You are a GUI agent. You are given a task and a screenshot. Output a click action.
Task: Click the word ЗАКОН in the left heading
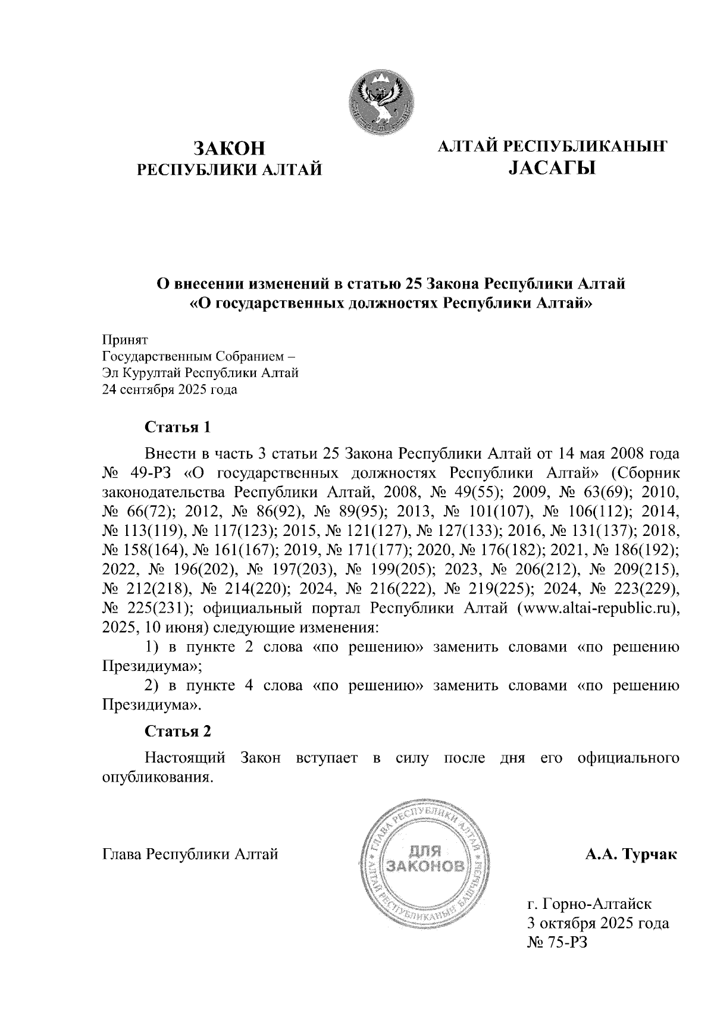(229, 148)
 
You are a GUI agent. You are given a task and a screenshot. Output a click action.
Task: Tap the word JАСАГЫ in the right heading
(552, 169)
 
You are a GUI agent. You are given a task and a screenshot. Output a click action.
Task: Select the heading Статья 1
(178, 427)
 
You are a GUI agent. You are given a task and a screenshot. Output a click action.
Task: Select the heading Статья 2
(178, 731)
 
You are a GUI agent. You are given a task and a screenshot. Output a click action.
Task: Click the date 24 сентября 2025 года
(170, 390)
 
